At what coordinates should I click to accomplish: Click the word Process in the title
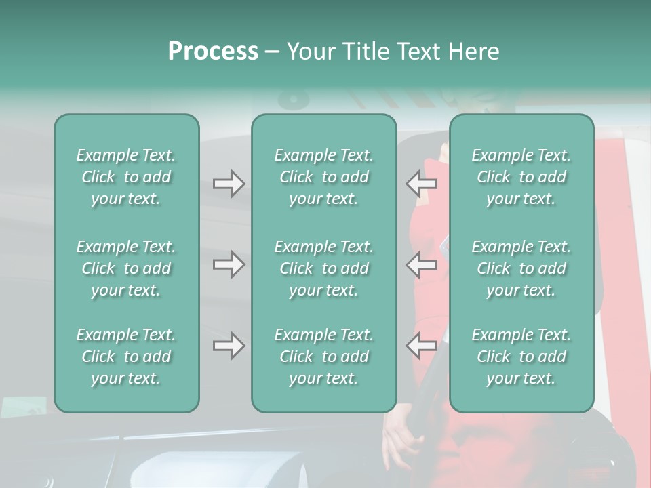(x=213, y=52)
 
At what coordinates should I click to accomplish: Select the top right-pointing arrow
(x=229, y=184)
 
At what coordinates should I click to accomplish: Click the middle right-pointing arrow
(x=229, y=264)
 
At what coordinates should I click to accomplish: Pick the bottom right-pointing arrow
(x=229, y=346)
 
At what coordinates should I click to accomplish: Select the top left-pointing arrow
(x=421, y=184)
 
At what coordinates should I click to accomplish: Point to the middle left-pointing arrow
(x=421, y=264)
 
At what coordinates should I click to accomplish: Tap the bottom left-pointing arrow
(x=421, y=346)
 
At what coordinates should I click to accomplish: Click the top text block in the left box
(x=126, y=177)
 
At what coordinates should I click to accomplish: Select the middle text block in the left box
(x=126, y=268)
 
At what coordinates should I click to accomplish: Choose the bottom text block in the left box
(x=126, y=357)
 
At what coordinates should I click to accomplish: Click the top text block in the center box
(x=324, y=177)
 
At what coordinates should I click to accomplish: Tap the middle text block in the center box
(x=324, y=268)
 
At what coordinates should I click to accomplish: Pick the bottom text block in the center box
(x=324, y=357)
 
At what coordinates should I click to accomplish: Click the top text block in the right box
(x=521, y=177)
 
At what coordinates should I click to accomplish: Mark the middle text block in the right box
(x=521, y=268)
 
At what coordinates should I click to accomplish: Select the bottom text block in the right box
(x=521, y=357)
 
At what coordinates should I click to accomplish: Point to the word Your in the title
(x=310, y=52)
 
